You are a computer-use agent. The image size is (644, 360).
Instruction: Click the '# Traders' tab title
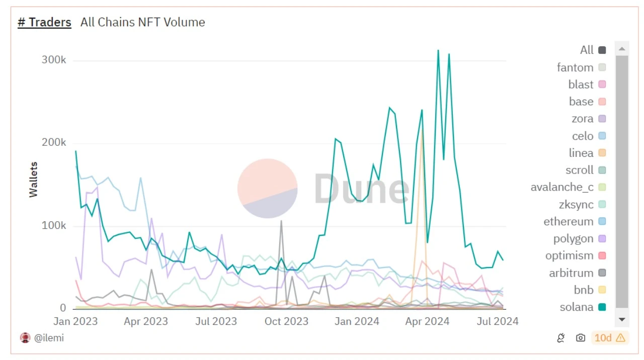(44, 22)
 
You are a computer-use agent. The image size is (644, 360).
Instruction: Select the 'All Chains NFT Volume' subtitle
(142, 22)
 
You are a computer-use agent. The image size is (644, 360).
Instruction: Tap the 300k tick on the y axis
(53, 60)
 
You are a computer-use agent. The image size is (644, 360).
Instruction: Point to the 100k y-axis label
(53, 225)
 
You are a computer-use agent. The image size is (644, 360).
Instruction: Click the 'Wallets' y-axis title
(33, 179)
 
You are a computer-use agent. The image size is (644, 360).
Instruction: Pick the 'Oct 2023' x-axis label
(286, 321)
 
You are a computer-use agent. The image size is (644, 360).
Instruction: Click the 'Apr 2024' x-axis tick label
(427, 321)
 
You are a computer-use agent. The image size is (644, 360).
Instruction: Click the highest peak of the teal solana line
(438, 50)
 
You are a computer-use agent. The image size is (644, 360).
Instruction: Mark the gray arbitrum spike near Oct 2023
(281, 221)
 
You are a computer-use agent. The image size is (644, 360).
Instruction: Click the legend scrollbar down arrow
(622, 319)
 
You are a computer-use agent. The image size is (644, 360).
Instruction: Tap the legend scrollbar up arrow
(622, 49)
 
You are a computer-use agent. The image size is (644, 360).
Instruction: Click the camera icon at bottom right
(581, 338)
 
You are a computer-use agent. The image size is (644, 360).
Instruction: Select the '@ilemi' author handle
(48, 338)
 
